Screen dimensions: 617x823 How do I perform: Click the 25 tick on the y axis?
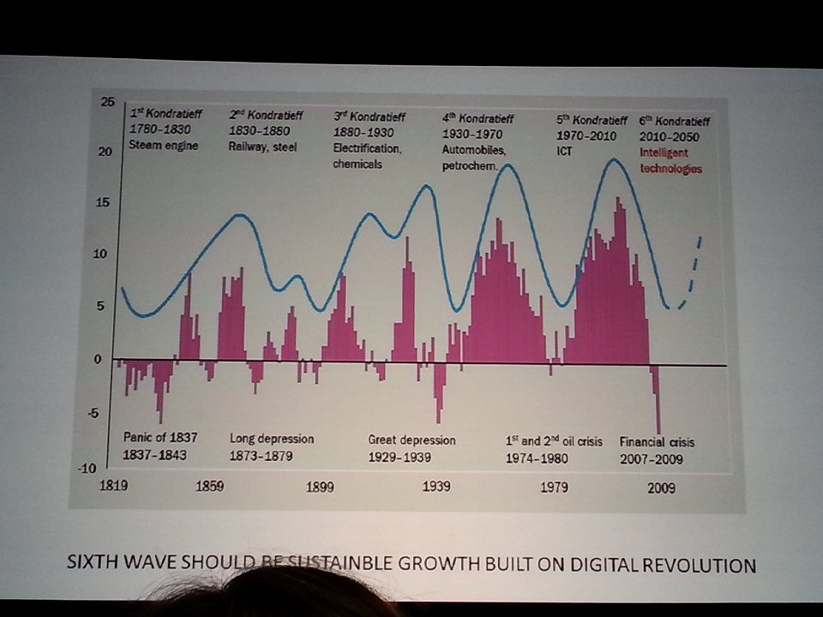point(107,102)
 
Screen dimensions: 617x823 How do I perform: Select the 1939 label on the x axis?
point(436,488)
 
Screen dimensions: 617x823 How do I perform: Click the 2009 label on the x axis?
point(661,488)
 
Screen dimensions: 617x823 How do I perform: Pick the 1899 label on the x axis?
point(319,488)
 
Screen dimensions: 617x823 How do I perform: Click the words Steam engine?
point(164,145)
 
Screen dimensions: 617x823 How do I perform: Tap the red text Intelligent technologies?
point(670,162)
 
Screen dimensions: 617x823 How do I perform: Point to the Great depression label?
point(411,440)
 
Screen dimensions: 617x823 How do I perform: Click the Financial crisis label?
point(657,442)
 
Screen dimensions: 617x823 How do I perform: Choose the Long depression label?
point(272,439)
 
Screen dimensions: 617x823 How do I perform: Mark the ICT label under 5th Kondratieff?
point(566,151)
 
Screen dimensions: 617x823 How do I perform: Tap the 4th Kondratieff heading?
point(478,117)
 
